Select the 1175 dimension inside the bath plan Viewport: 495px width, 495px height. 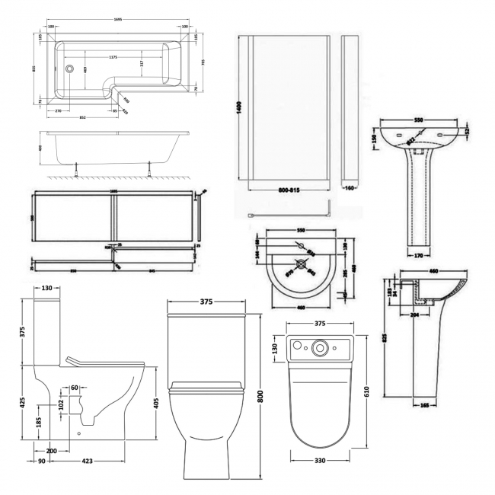(x=113, y=56)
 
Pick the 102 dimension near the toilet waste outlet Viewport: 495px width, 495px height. (x=61, y=406)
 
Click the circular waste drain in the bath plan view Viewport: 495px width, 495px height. (x=69, y=69)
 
